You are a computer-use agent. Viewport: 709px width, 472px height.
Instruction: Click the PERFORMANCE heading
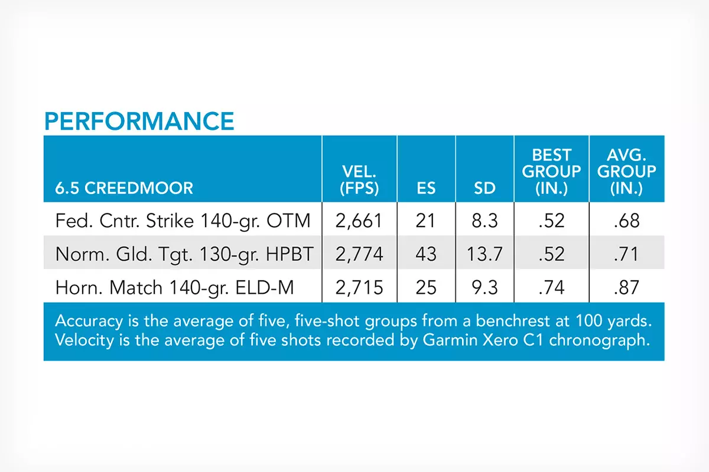tap(139, 121)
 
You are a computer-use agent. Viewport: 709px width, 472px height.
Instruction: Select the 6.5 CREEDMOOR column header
tap(124, 188)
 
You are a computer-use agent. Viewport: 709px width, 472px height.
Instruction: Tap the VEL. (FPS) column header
tap(359, 180)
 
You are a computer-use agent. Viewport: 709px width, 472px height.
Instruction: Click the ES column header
tap(426, 188)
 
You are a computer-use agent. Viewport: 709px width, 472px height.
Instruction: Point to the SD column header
tap(484, 188)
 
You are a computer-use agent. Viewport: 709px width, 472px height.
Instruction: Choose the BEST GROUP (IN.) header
tap(551, 172)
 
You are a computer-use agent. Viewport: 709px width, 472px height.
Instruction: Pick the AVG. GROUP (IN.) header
tap(627, 172)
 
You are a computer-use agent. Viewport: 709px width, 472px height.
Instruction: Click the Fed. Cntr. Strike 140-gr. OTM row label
tap(183, 221)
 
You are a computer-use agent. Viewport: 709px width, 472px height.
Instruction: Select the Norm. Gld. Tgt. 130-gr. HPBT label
tap(184, 254)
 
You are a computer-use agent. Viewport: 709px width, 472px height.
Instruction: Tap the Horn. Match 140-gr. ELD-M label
tap(175, 288)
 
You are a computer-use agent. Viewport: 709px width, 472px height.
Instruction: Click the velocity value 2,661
tap(359, 221)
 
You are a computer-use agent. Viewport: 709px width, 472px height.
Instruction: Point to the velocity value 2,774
tap(359, 254)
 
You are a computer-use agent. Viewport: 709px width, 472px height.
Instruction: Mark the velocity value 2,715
tap(359, 288)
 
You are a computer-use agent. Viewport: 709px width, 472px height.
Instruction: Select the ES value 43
tap(426, 254)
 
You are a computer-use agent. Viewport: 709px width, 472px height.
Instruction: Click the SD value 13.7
tap(484, 254)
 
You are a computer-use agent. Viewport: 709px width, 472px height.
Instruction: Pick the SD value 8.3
tap(484, 220)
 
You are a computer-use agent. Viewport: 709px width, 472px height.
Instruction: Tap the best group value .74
tap(551, 287)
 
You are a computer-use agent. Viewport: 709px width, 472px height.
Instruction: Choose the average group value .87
tap(627, 287)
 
